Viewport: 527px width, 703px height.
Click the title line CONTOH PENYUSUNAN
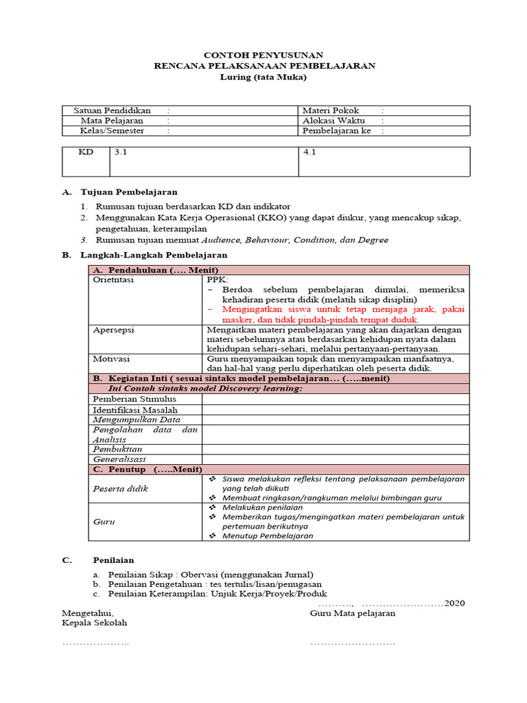pyautogui.click(x=264, y=55)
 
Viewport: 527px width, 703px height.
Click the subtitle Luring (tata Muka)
pyautogui.click(x=263, y=77)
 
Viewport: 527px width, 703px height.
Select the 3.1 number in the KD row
pyautogui.click(x=121, y=153)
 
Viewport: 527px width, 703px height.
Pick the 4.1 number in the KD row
pyautogui.click(x=309, y=153)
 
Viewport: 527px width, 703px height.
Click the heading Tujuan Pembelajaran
pyautogui.click(x=129, y=192)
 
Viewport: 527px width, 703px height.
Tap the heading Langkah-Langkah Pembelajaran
pyautogui.click(x=154, y=255)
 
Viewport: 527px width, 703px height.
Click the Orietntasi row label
pyautogui.click(x=113, y=280)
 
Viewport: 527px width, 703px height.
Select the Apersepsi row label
pyautogui.click(x=113, y=330)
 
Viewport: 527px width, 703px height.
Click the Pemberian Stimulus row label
pyautogui.click(x=134, y=399)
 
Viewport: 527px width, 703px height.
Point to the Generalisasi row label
pyautogui.click(x=119, y=459)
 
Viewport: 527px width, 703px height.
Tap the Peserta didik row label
pyautogui.click(x=120, y=488)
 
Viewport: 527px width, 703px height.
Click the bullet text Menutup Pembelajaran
pyautogui.click(x=268, y=535)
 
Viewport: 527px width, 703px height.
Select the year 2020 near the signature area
pyautogui.click(x=455, y=603)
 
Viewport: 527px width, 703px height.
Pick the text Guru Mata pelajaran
pyautogui.click(x=352, y=614)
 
